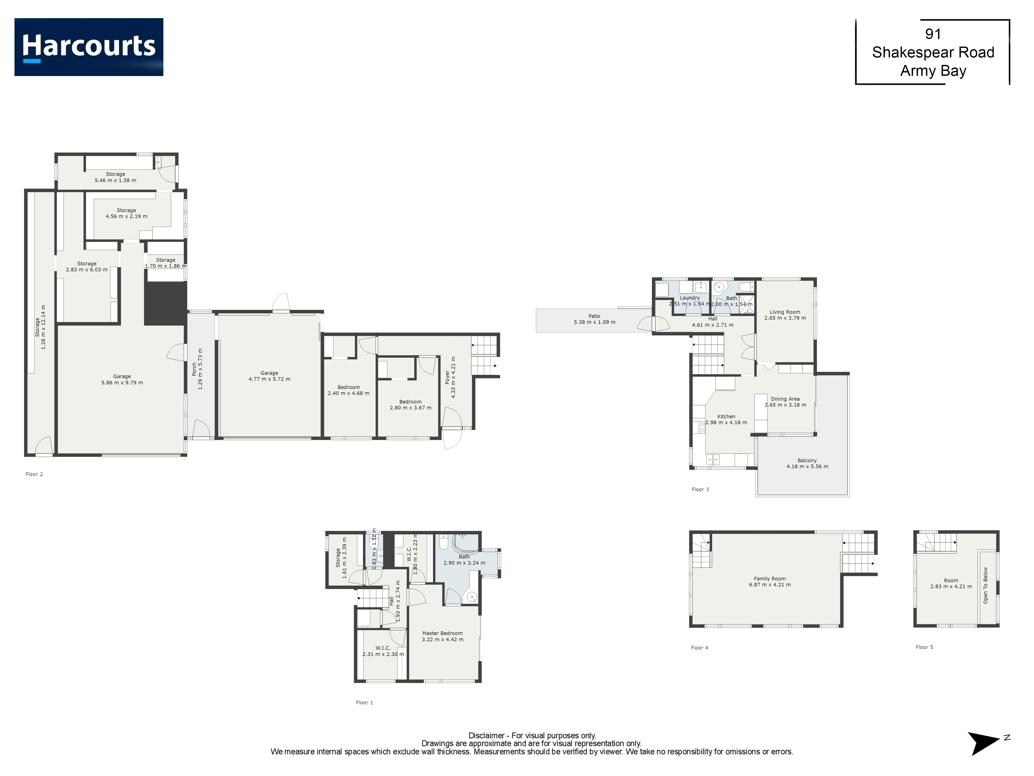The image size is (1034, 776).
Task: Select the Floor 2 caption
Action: [34, 474]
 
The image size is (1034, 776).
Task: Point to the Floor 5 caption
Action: [924, 647]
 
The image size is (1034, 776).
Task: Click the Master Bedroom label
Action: [442, 633]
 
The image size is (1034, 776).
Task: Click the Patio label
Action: [594, 316]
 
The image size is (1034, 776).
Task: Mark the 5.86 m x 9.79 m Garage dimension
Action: [122, 383]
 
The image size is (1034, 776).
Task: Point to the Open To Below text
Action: [985, 586]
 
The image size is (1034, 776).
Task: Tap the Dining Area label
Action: [785, 399]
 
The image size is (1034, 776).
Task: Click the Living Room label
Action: [785, 312]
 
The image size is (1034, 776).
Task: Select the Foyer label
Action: [447, 377]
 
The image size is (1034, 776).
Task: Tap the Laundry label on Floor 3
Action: [689, 298]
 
